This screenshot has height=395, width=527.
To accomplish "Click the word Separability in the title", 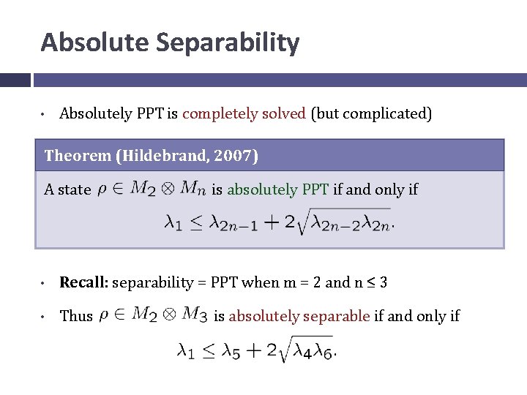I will point(227,42).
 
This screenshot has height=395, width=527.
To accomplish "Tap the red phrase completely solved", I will point(244,113).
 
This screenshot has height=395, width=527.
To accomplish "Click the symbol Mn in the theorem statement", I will point(192,189).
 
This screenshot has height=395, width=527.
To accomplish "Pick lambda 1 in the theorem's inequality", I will point(173,222).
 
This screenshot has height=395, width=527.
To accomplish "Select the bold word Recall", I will point(83,282).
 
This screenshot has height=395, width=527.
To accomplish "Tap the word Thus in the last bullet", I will point(76,316).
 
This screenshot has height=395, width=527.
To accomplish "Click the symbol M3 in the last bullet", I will point(193,315).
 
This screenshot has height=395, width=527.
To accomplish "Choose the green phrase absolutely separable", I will point(299,316).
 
